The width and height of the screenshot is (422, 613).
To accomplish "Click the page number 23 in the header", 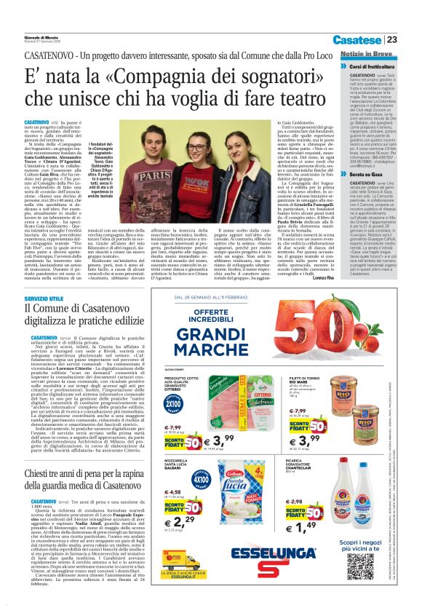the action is pyautogui.click(x=392, y=40).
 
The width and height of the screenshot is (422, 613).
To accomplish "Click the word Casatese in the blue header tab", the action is pyautogui.click(x=358, y=40).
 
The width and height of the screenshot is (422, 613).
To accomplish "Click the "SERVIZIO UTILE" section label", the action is pyautogui.click(x=44, y=299).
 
